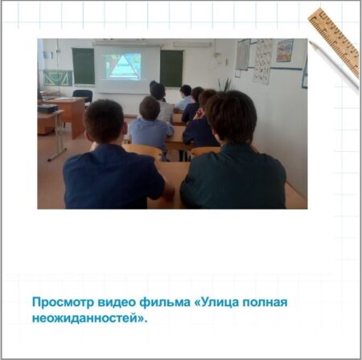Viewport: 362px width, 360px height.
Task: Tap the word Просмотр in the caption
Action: pyautogui.click(x=63, y=303)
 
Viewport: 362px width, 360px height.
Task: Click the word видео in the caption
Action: pyautogui.click(x=117, y=303)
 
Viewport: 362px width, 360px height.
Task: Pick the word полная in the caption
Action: pyautogui.click(x=265, y=303)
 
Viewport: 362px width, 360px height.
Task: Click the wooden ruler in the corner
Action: pyautogui.click(x=335, y=43)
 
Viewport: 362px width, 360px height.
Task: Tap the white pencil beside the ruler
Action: pyautogui.click(x=334, y=65)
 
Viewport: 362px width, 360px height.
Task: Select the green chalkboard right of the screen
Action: pyautogui.click(x=171, y=68)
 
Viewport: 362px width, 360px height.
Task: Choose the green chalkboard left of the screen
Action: pyautogui.click(x=83, y=66)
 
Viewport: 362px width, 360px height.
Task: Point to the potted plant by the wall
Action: pyautogui.click(x=226, y=84)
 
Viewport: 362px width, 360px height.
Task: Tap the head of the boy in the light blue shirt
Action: pyautogui.click(x=150, y=108)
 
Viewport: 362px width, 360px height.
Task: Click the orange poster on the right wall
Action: pyautogui.click(x=285, y=51)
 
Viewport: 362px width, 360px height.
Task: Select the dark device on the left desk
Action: pyautogui.click(x=47, y=108)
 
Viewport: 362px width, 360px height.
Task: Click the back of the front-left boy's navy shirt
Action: pyautogui.click(x=113, y=177)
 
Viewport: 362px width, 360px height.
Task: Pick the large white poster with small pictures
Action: pyautogui.click(x=263, y=61)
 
